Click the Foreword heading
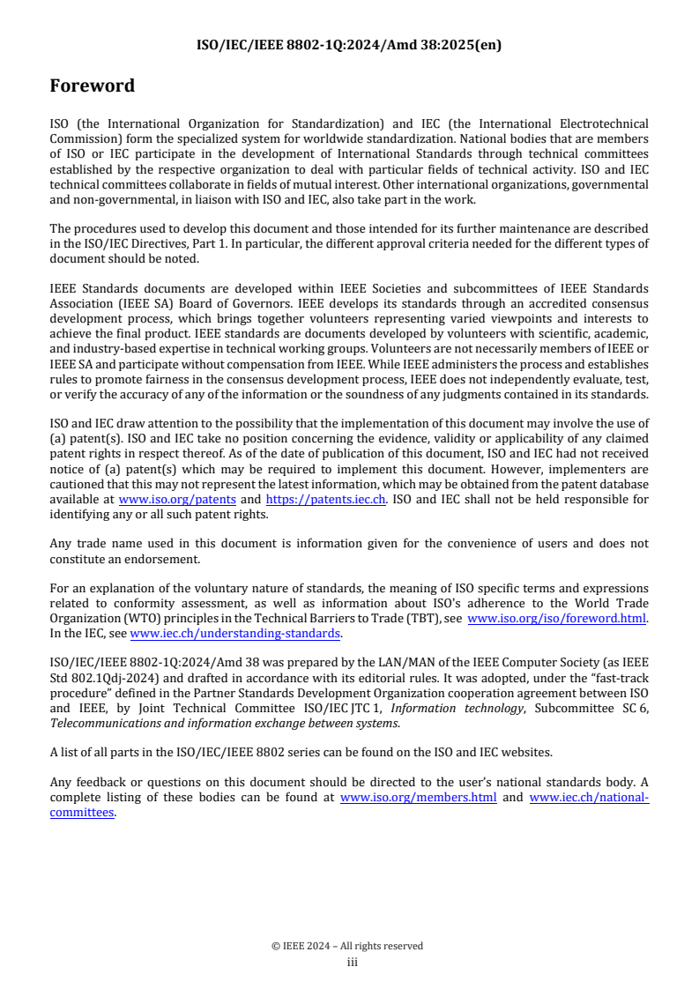pyautogui.click(x=93, y=86)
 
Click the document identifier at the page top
pyautogui.click(x=348, y=45)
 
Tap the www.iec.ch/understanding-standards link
pyautogui.click(x=235, y=633)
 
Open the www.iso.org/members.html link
pyautogui.click(x=418, y=798)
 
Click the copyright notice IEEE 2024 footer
pyautogui.click(x=348, y=946)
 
